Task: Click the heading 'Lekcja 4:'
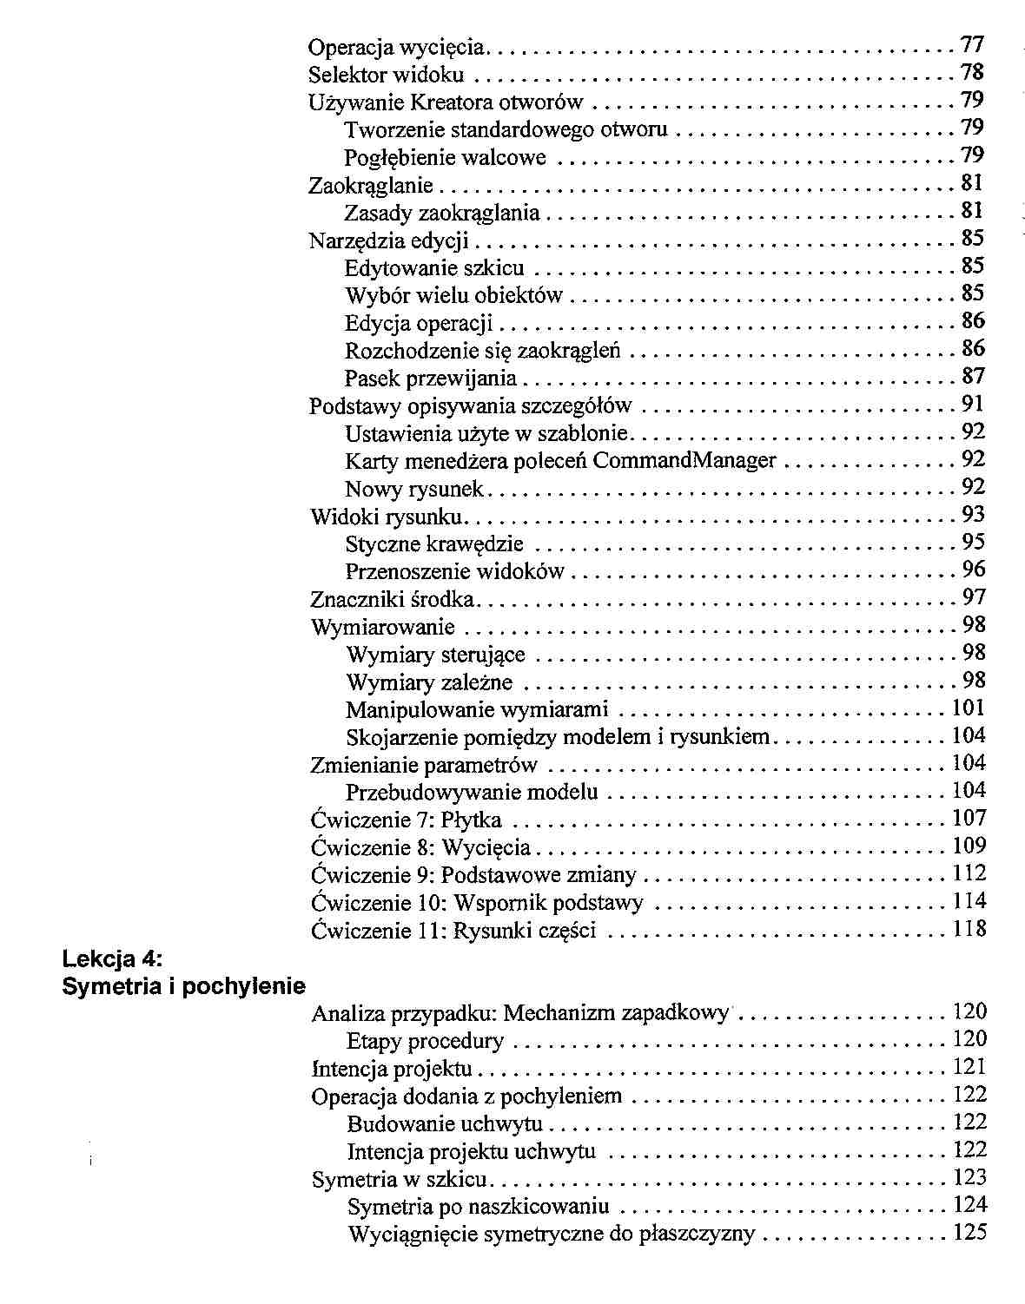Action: pos(113,959)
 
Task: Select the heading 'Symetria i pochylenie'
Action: pos(184,986)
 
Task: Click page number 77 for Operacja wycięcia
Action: pos(972,44)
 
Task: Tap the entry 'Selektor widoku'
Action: pos(387,75)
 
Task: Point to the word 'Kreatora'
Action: pos(452,102)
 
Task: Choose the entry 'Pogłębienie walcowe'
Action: pos(445,158)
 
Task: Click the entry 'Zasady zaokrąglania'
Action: pos(442,214)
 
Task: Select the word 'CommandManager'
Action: pos(684,460)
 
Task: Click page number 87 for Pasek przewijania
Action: pos(973,377)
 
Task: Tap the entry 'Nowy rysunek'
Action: pos(414,489)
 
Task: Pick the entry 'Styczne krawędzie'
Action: pos(434,544)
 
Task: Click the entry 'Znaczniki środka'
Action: pos(393,599)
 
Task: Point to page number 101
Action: pos(969,708)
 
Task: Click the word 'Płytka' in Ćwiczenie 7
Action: pos(471,820)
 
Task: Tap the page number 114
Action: pos(969,902)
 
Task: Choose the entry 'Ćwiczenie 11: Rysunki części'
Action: pos(453,932)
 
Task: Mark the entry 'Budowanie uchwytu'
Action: pos(445,1124)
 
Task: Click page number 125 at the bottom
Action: pos(969,1234)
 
